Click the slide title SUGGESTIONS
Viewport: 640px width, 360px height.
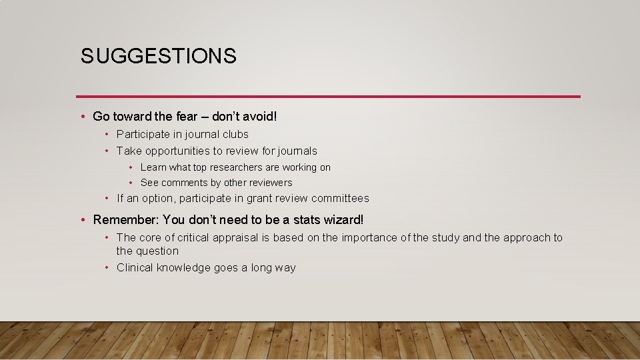(159, 57)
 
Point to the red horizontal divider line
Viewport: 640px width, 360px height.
(328, 96)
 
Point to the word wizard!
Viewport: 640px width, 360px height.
(344, 220)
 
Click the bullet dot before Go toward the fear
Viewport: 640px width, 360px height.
(81, 117)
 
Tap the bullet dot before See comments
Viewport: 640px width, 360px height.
(131, 183)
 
